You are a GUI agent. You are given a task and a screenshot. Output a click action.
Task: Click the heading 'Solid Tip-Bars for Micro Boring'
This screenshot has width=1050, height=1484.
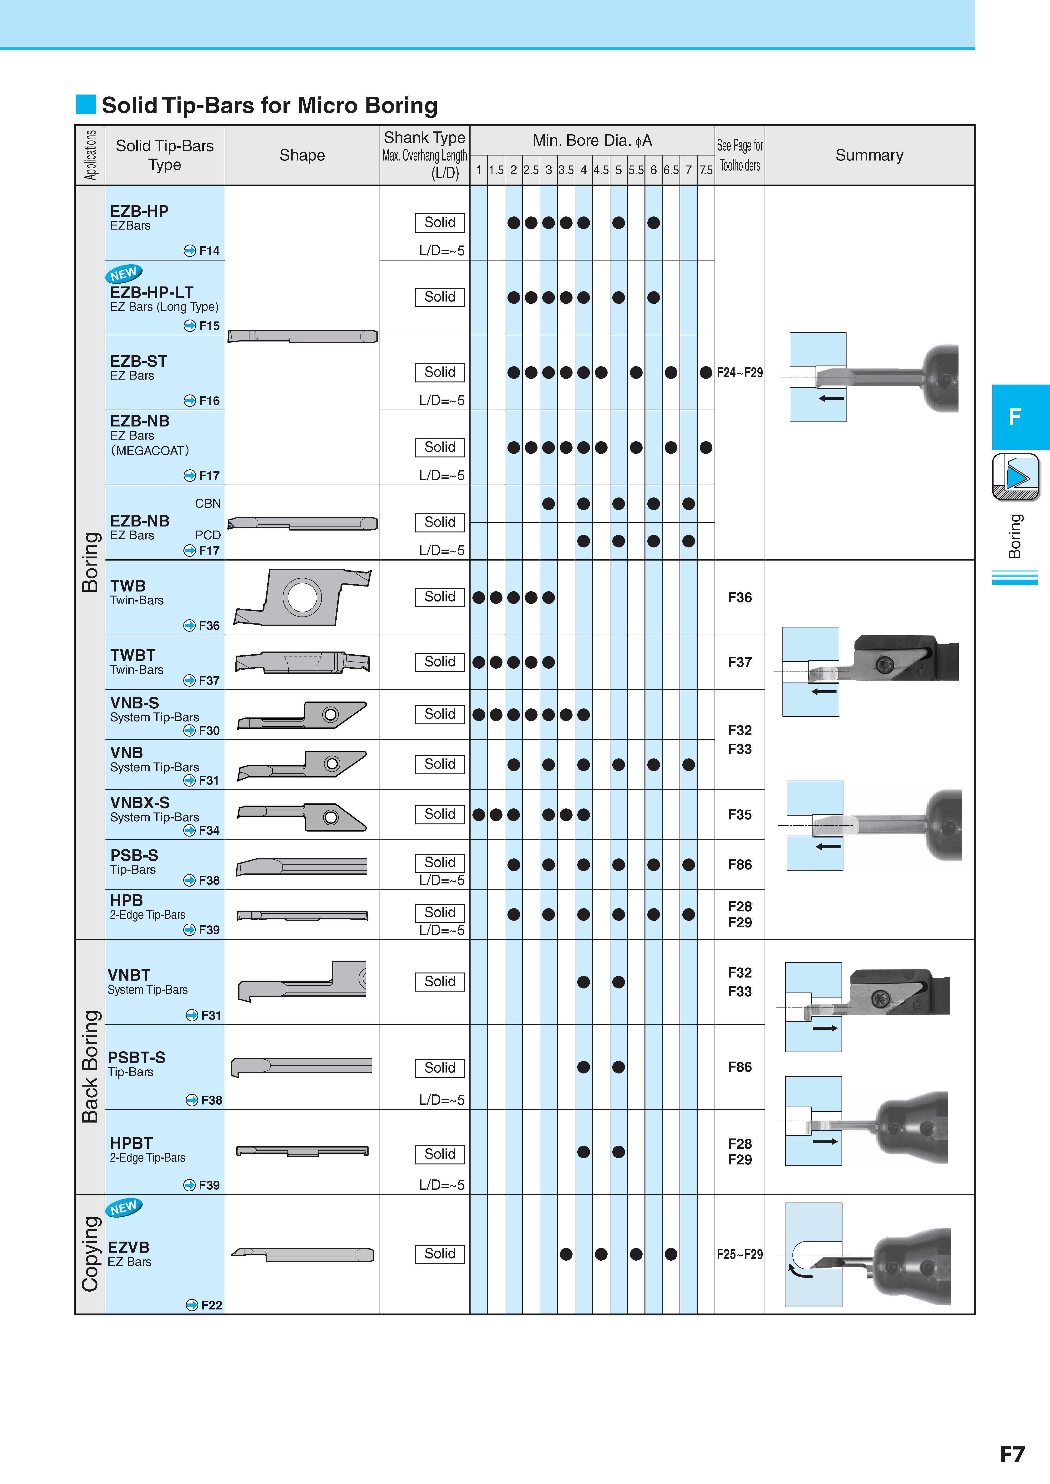coord(270,105)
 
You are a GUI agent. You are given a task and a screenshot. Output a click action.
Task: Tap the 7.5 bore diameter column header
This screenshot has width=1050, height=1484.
coord(706,170)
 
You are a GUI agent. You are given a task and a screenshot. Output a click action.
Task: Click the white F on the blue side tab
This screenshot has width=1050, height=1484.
coord(1015,417)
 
